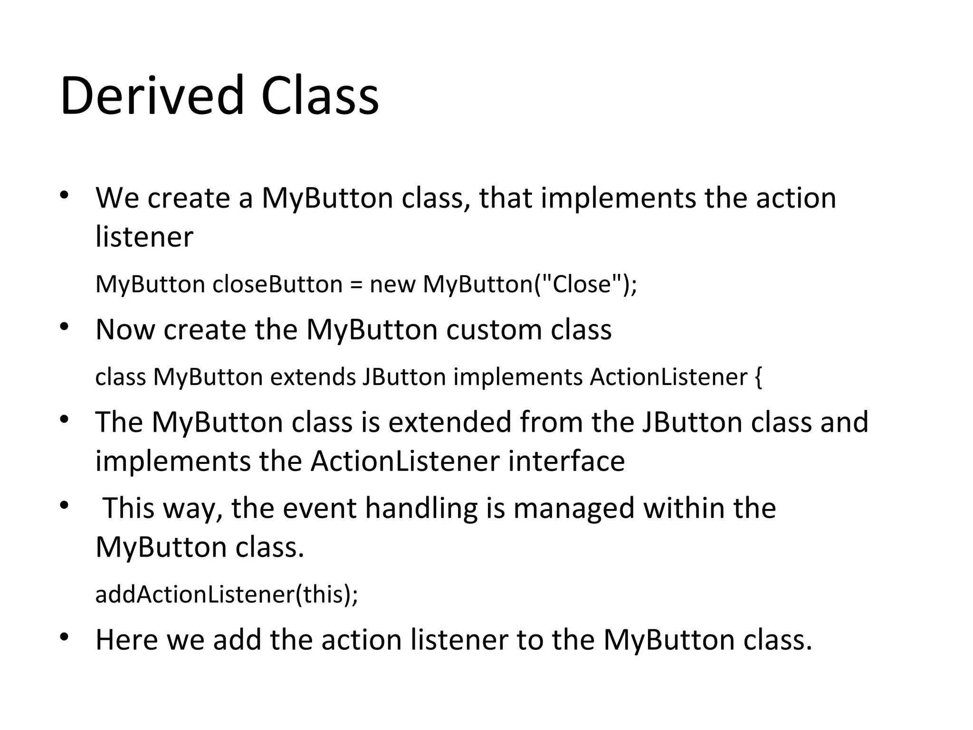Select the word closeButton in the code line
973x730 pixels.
(x=277, y=284)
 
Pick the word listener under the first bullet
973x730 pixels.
(x=144, y=237)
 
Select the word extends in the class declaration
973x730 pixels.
(x=313, y=377)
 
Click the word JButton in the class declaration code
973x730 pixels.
(x=404, y=377)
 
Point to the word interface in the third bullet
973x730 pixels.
(x=566, y=461)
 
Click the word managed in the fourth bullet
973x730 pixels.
(x=574, y=508)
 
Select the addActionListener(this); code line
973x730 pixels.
(x=227, y=594)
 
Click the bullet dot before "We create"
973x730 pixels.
(x=65, y=196)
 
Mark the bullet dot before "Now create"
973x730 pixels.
(x=65, y=327)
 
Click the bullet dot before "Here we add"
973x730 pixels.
(x=65, y=637)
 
